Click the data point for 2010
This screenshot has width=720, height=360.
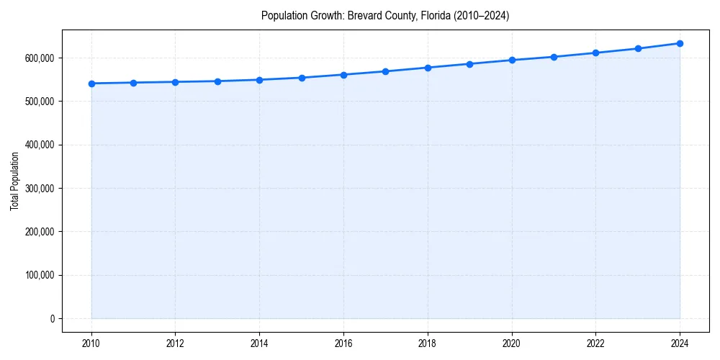point(91,84)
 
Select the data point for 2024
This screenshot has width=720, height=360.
point(680,43)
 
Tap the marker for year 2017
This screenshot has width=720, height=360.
point(386,71)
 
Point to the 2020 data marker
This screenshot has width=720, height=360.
point(512,60)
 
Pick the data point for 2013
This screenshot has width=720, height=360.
point(217,81)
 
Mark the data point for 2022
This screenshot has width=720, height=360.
point(595,53)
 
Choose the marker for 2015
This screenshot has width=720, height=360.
point(302,78)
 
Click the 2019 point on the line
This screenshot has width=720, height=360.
point(469,64)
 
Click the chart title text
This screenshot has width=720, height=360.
point(385,16)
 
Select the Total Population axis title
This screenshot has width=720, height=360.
point(14,181)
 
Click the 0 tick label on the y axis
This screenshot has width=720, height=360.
point(52,318)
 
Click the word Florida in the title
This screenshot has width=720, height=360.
point(427,16)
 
